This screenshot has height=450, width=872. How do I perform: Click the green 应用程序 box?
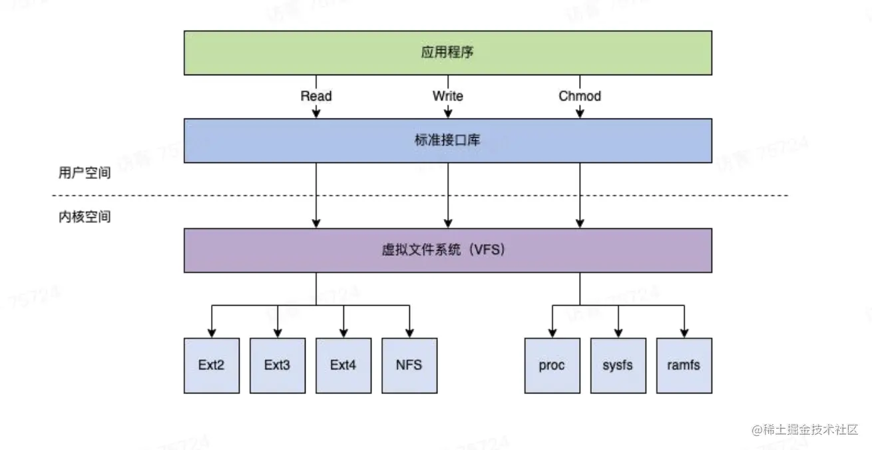[447, 52]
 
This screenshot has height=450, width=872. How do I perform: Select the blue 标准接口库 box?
[447, 140]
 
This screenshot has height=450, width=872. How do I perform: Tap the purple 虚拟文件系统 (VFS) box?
[447, 250]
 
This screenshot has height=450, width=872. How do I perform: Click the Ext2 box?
[212, 365]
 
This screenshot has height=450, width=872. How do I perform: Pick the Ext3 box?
[277, 365]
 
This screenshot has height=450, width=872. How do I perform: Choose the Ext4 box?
[343, 365]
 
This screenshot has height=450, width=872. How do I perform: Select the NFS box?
[409, 365]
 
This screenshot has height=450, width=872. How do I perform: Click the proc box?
[552, 365]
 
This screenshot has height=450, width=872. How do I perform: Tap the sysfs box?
[618, 365]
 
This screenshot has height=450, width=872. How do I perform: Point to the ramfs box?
[684, 365]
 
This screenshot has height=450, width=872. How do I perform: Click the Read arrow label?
[316, 96]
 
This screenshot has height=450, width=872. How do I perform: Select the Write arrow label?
[448, 96]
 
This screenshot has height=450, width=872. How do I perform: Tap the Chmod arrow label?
[580, 96]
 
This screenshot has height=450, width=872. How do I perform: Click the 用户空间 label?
[84, 173]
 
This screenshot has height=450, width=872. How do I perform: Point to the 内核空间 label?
[84, 217]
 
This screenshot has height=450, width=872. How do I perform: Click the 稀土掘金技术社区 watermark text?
[805, 429]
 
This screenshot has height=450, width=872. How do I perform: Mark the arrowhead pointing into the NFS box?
[409, 333]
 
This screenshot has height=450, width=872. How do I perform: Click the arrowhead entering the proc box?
[552, 333]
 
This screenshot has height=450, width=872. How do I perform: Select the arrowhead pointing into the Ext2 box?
[212, 333]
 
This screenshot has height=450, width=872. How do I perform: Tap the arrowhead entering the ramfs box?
[684, 333]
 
